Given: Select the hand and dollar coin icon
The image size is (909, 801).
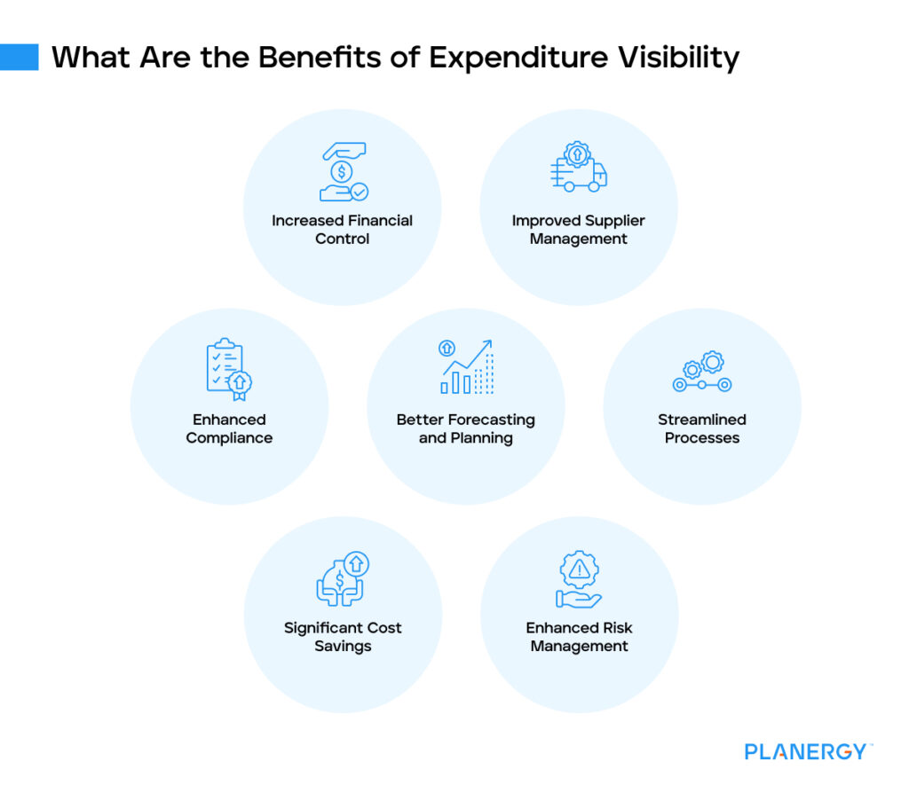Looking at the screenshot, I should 343,172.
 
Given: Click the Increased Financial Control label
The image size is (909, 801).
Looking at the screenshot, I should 343,230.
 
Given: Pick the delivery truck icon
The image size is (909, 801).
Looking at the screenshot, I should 579,167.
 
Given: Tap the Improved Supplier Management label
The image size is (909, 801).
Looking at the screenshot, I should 579,230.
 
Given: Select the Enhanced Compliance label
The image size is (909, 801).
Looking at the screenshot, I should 229,428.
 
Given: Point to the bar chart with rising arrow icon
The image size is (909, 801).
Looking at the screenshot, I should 466,366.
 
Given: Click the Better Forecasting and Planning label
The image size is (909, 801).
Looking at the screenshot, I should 466,428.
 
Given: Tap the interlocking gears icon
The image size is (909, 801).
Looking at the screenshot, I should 702,372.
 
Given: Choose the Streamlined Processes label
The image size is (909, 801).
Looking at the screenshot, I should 702,428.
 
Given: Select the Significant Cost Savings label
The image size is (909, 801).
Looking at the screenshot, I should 343,637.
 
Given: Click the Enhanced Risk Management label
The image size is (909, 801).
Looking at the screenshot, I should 579,637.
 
